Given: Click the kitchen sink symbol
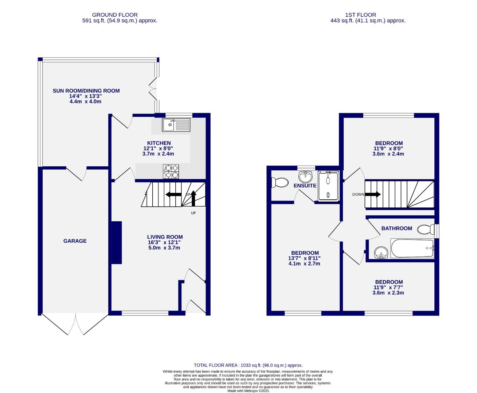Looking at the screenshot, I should (x=176, y=125).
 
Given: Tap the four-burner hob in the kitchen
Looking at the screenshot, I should (x=171, y=171).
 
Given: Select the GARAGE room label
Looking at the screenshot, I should (x=75, y=241).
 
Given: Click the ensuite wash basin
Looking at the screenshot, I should (x=305, y=177).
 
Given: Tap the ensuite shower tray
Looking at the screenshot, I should (x=328, y=186).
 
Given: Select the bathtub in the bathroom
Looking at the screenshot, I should (x=412, y=249).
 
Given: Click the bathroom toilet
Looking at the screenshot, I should (x=424, y=230).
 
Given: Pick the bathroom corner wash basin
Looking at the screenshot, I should (x=381, y=252).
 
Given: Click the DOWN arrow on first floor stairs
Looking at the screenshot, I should (x=372, y=194).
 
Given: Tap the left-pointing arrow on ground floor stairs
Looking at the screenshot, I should (x=173, y=194).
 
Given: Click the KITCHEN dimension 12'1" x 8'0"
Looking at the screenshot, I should (x=158, y=148).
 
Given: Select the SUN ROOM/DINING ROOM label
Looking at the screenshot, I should (x=86, y=91).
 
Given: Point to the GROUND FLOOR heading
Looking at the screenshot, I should (x=115, y=15).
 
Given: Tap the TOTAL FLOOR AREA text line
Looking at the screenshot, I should (x=248, y=365).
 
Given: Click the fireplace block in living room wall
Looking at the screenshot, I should (x=117, y=242).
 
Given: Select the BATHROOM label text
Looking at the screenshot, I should (x=396, y=229).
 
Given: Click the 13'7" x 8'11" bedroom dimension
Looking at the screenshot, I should (x=305, y=258).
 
